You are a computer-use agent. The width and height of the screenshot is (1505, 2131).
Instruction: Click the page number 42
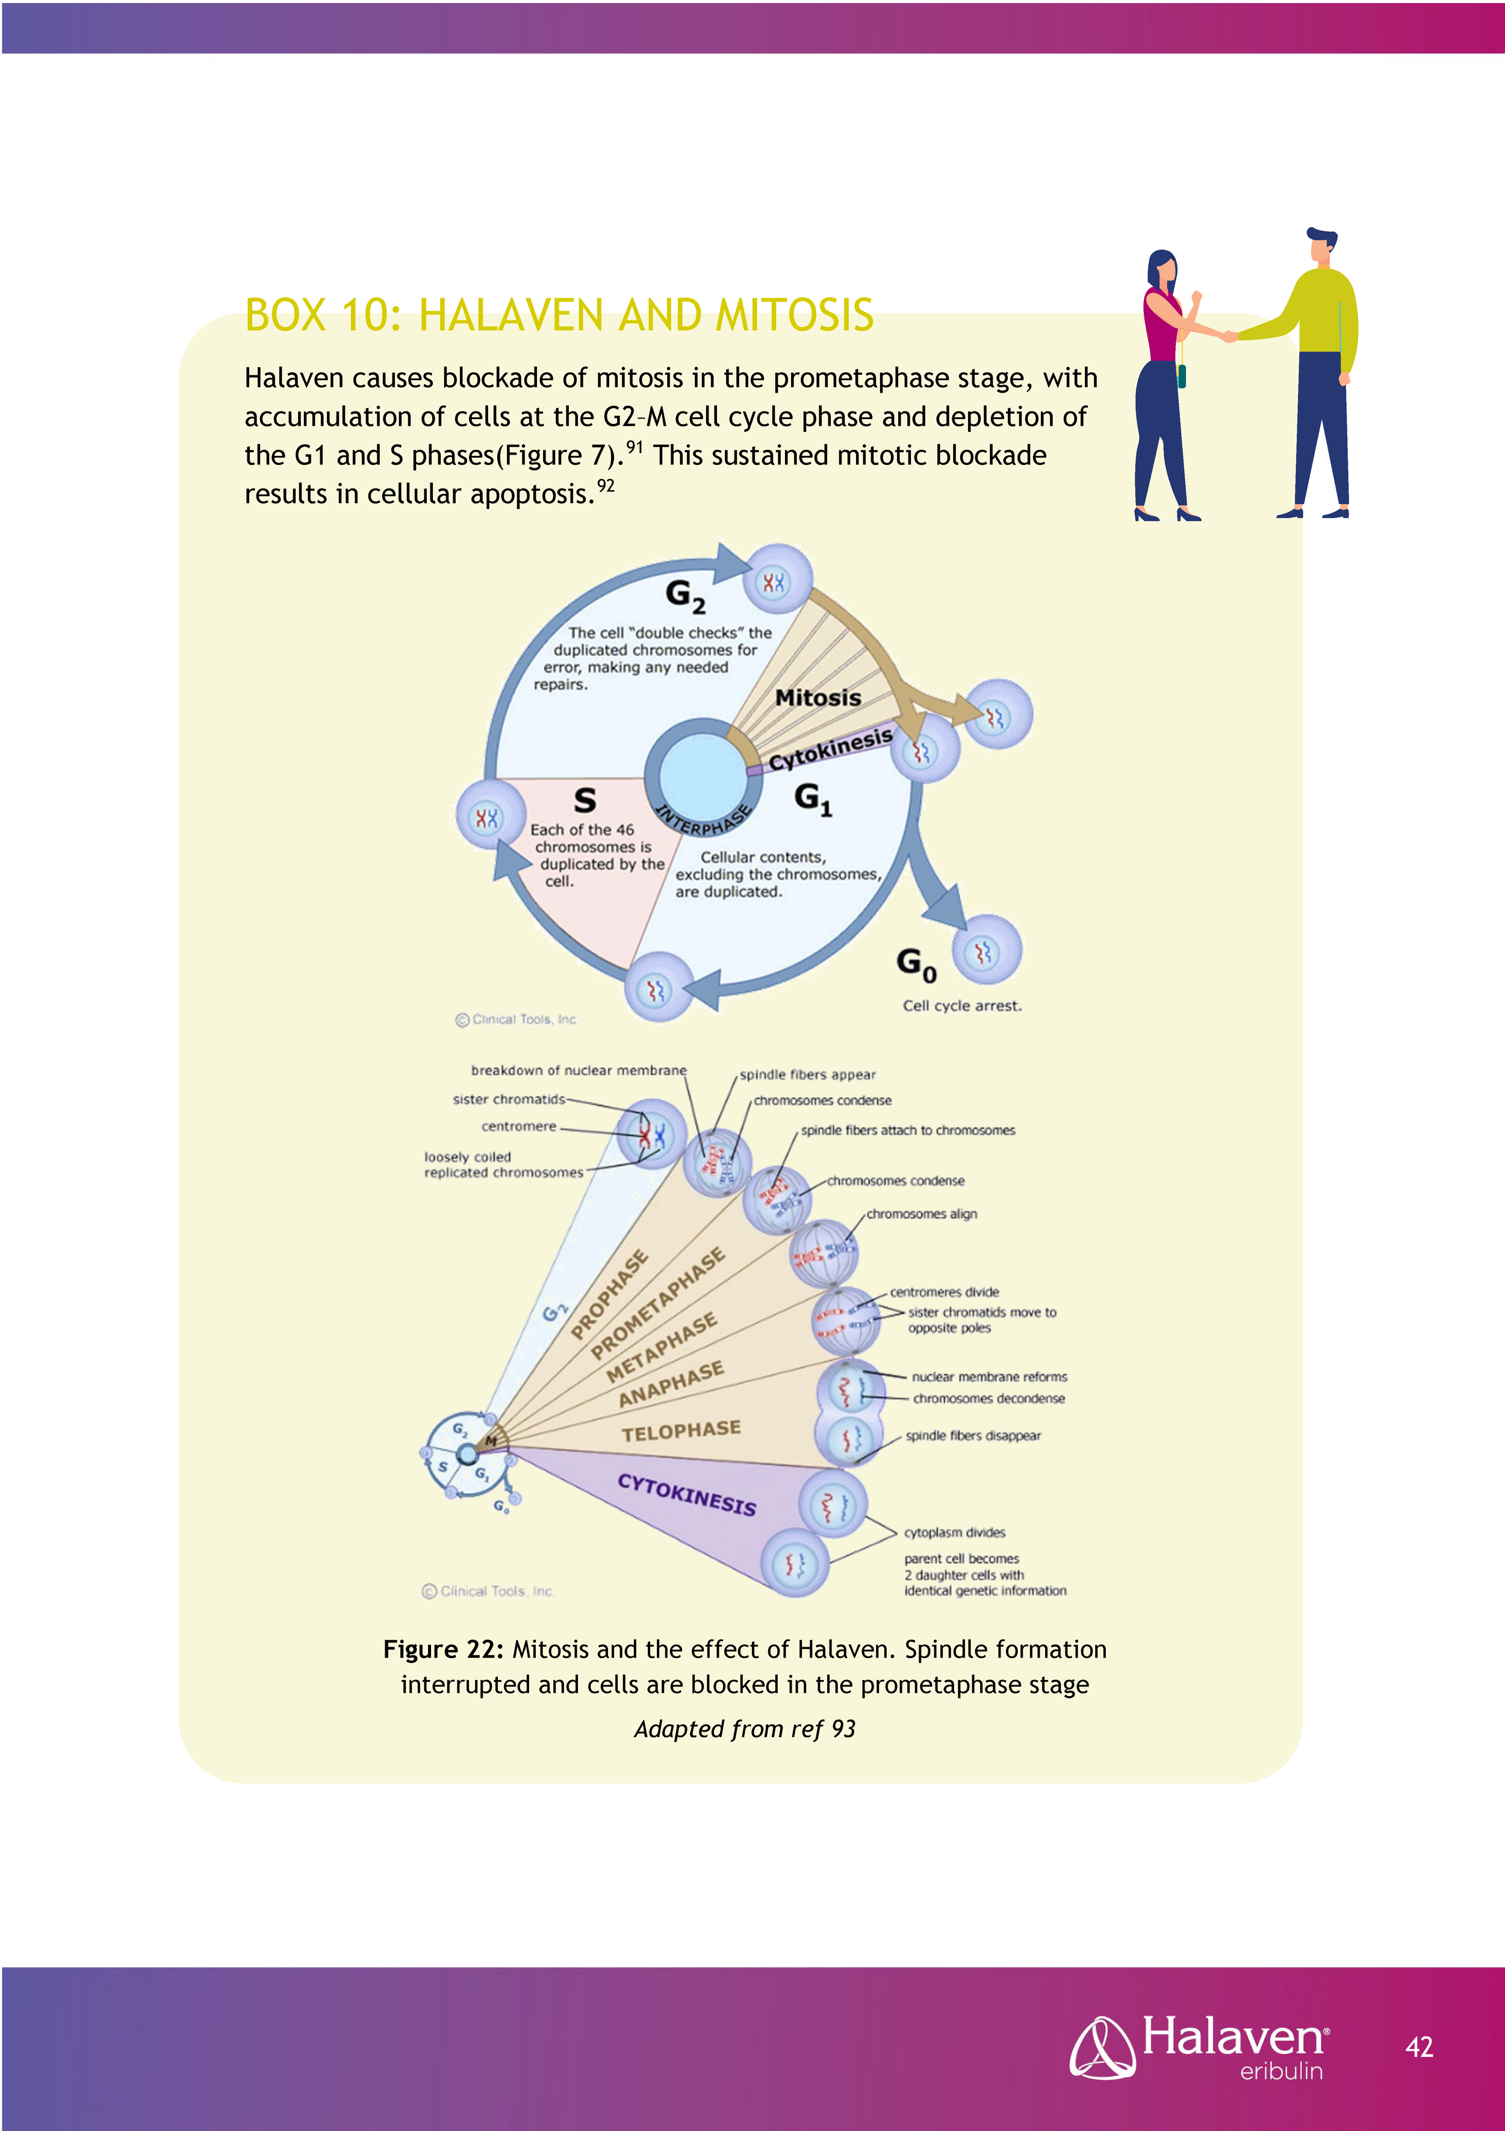click(1419, 2047)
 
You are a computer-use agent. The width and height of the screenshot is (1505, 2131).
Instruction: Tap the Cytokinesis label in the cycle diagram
click(830, 749)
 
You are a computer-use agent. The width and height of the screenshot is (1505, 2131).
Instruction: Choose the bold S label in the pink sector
click(585, 799)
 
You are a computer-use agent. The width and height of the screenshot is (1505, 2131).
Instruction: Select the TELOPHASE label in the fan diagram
click(681, 1431)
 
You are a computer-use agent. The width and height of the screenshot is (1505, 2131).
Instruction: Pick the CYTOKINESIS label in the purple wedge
click(687, 1493)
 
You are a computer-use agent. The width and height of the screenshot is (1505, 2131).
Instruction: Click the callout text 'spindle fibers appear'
click(807, 1075)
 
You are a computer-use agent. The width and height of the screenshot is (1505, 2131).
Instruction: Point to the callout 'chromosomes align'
click(922, 1214)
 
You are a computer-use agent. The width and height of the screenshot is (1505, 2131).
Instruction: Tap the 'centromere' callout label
click(519, 1127)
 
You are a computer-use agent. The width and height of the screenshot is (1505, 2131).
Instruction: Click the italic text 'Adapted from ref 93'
click(744, 1729)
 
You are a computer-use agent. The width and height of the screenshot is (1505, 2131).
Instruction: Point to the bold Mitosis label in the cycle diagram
click(818, 698)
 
